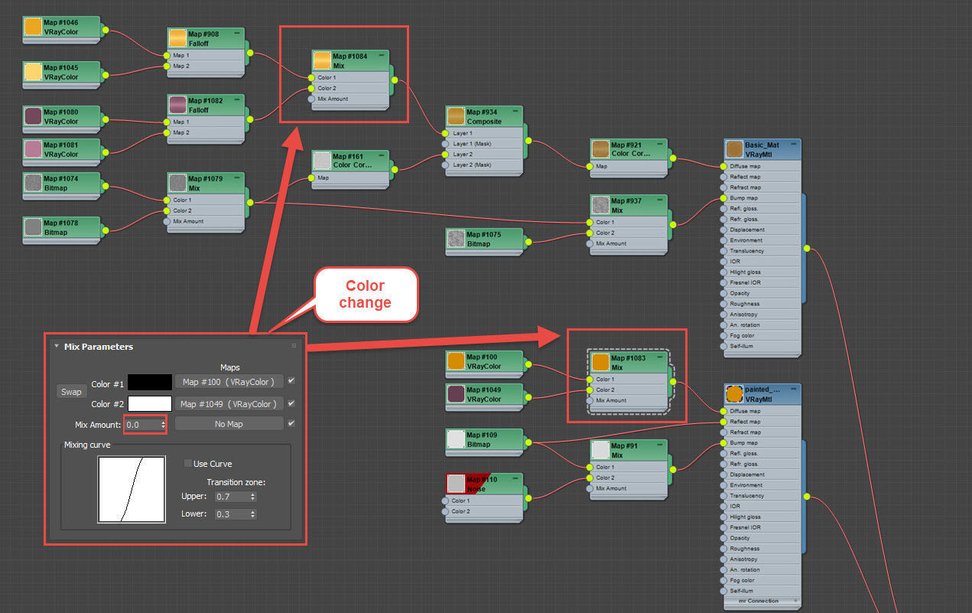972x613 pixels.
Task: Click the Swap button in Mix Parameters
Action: (71, 392)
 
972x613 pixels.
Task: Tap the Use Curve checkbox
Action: (188, 464)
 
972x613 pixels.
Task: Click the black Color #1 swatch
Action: (150, 382)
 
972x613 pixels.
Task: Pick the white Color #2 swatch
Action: (150, 403)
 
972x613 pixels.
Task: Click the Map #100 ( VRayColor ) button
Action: (229, 381)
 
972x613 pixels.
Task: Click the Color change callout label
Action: (365, 294)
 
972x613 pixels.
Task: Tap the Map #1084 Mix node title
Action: (350, 60)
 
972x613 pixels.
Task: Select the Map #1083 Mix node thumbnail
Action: (600, 362)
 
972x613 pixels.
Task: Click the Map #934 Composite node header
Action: (483, 116)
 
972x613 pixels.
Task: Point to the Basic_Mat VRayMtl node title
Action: (762, 149)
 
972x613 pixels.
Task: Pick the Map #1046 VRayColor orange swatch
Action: (33, 27)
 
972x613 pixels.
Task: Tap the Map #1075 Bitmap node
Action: (483, 239)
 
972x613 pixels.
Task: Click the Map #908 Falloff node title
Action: (205, 38)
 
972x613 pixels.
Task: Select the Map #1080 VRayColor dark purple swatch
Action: (33, 116)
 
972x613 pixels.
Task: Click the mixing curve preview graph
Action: (132, 490)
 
